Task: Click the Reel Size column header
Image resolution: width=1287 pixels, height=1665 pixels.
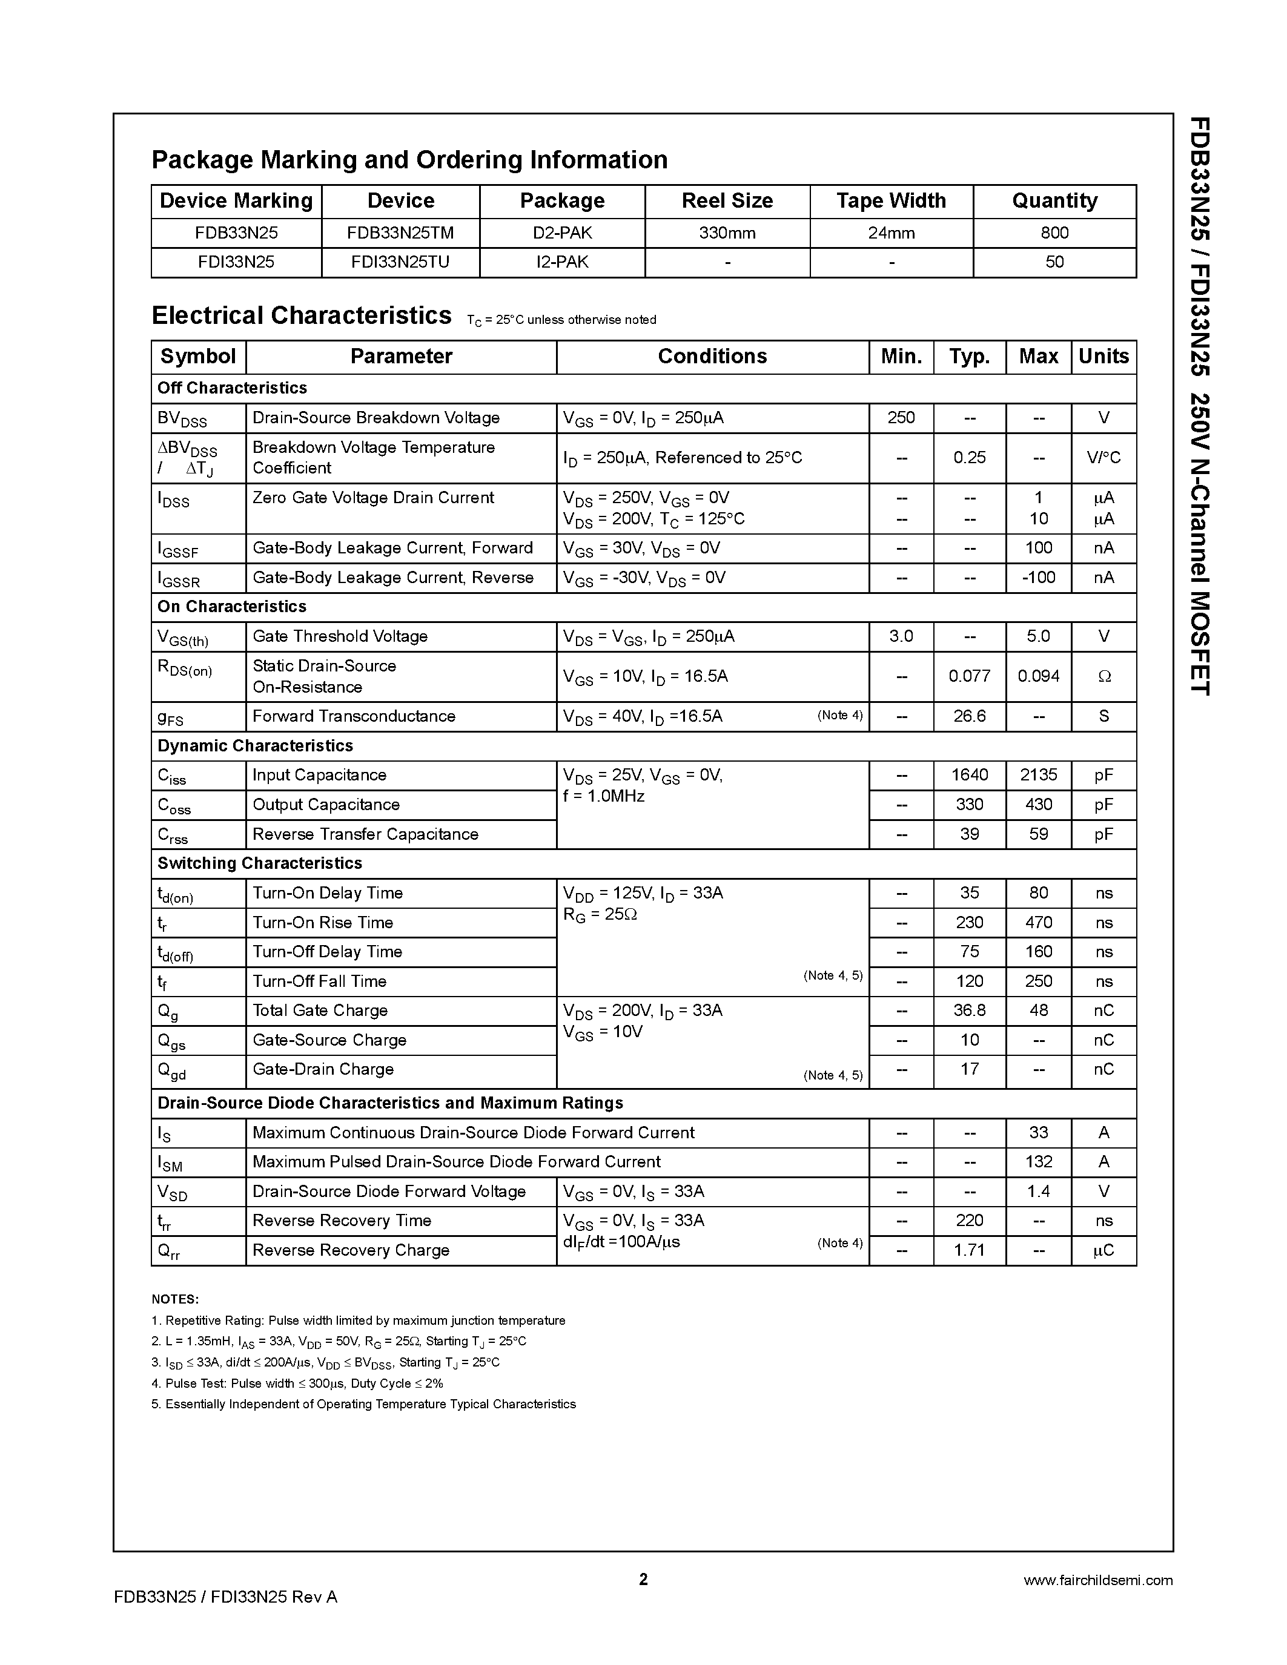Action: [727, 200]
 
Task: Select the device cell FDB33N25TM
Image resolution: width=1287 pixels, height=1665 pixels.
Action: [400, 233]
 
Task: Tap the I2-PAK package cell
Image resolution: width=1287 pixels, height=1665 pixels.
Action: [562, 262]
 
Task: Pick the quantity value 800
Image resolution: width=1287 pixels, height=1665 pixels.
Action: [1054, 233]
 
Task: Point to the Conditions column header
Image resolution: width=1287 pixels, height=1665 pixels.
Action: [712, 357]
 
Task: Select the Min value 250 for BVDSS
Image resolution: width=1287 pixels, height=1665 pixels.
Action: [901, 418]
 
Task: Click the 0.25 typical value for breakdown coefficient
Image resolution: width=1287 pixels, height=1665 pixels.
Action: [969, 457]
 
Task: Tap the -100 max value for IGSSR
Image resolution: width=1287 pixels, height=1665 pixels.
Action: [1039, 578]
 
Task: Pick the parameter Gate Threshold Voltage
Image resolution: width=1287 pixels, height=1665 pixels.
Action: [340, 636]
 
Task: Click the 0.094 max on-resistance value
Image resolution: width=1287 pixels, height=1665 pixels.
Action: [1039, 676]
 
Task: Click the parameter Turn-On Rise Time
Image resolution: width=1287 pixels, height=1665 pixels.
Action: [323, 923]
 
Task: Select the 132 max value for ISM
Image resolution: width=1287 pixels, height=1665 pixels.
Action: [1039, 1162]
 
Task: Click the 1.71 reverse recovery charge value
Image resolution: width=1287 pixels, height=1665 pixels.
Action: [969, 1250]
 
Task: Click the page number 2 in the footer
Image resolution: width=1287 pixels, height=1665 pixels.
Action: [643, 1579]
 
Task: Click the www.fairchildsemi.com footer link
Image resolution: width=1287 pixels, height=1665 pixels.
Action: [1098, 1580]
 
